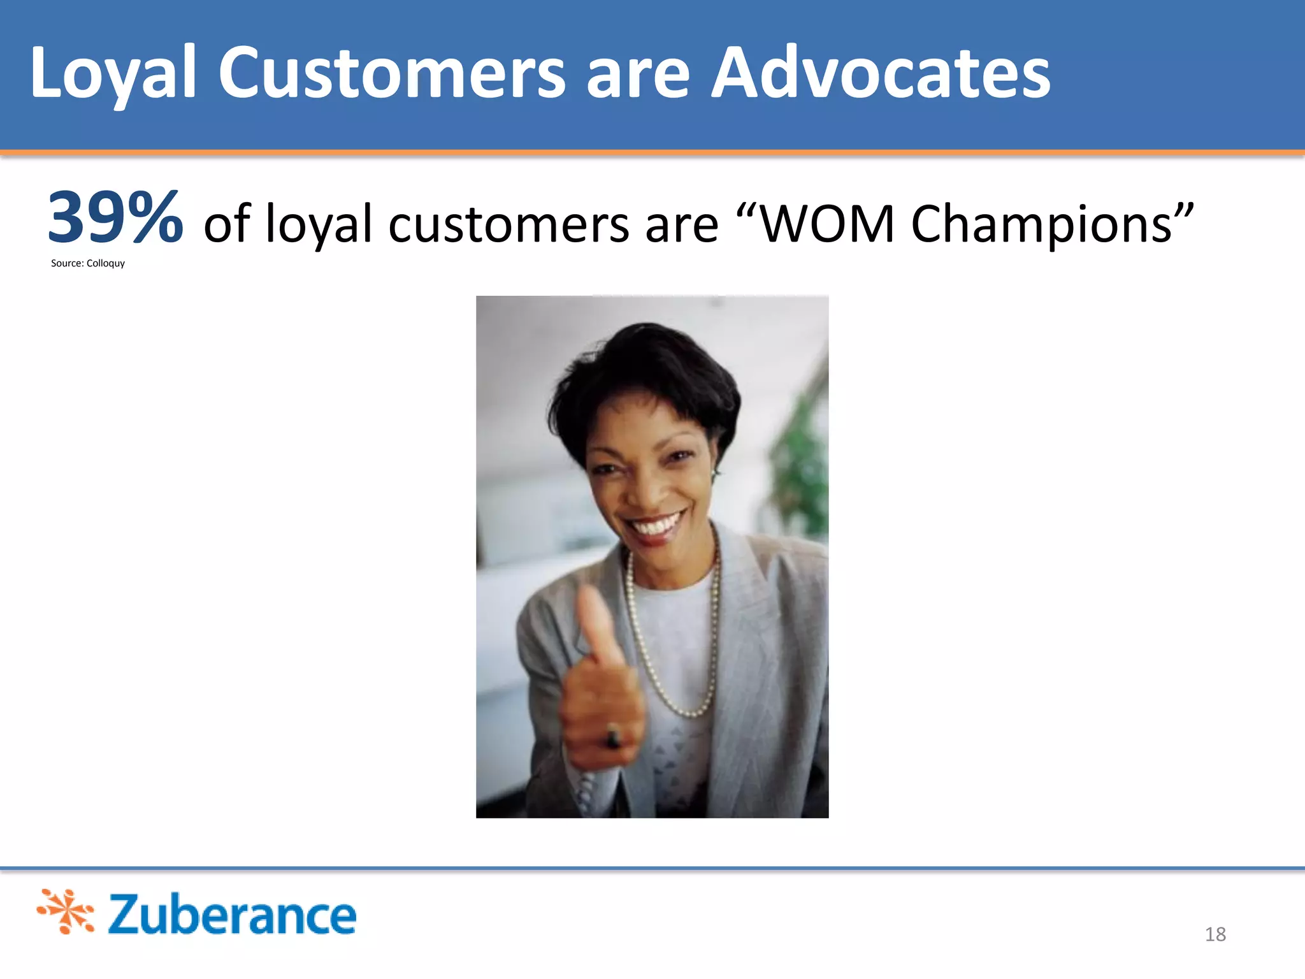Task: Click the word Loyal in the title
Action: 112,73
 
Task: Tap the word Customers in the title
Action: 391,73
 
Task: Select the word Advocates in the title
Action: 880,73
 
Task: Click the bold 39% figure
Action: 115,219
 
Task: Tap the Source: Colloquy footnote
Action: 88,263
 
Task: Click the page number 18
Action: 1215,934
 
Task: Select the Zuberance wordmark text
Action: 232,915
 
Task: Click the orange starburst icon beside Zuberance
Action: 66,911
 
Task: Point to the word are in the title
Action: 637,73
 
